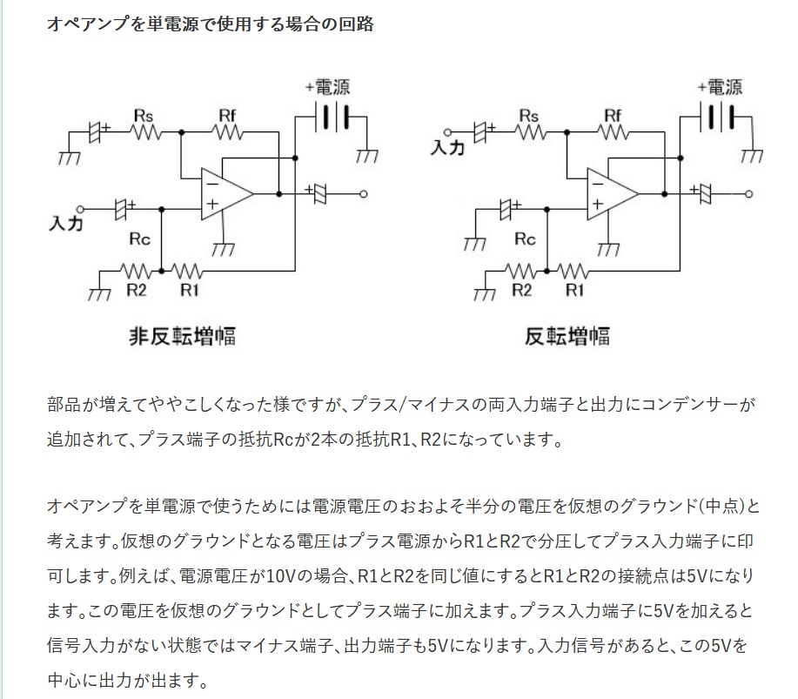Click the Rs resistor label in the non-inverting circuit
pos(144,116)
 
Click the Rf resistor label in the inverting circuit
pos(614,116)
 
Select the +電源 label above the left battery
pos(328,87)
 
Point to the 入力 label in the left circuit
pos(65,223)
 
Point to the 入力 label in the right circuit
pos(447,147)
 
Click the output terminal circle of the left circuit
pos(364,194)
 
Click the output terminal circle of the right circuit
pos(748,194)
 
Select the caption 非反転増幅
pos(182,337)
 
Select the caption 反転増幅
pos(567,337)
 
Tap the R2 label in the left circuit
pos(137,290)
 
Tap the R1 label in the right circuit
pos(575,290)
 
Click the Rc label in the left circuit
pos(140,239)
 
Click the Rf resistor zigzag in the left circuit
pos(227,132)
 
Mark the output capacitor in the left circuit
pos(319,193)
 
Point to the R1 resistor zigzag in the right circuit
pos(573,271)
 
